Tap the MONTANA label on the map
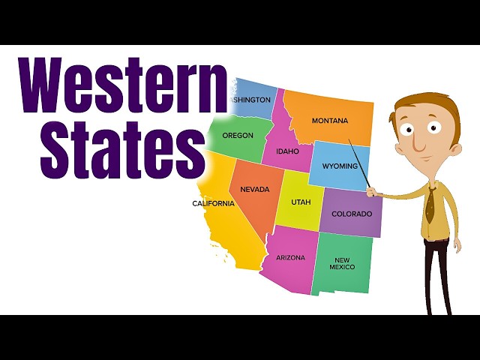330,121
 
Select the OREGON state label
238,136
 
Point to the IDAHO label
286,151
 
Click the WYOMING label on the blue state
340,165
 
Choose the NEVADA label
254,190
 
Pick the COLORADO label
351,214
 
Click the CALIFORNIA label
214,203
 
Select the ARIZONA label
290,257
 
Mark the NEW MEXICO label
341,263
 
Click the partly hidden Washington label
251,100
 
